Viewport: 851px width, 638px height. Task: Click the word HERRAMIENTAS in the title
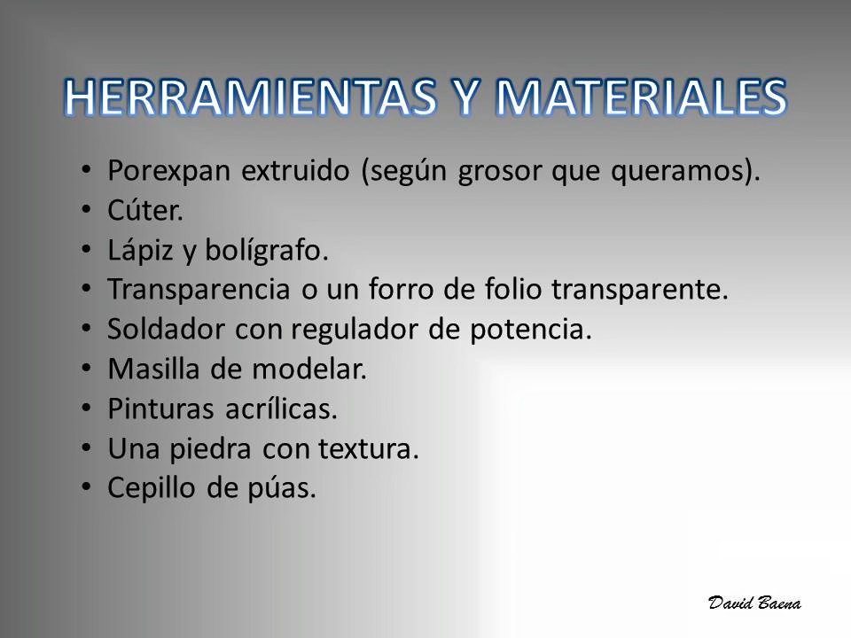[251, 97]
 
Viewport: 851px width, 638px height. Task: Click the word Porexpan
[169, 171]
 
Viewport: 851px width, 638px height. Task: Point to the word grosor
[500, 173]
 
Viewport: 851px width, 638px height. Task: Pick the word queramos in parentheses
[676, 173]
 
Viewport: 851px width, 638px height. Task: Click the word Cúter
[144, 210]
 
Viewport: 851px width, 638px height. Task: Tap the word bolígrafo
[267, 251]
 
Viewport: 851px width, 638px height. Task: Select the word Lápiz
[140, 251]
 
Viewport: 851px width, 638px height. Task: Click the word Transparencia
[199, 289]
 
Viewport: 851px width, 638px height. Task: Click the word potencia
[530, 330]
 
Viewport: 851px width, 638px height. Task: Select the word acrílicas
[281, 408]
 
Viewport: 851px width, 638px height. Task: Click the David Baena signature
[754, 603]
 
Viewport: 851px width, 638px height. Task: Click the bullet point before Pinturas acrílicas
[86, 408]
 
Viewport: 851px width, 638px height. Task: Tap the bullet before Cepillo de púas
[86, 486]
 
